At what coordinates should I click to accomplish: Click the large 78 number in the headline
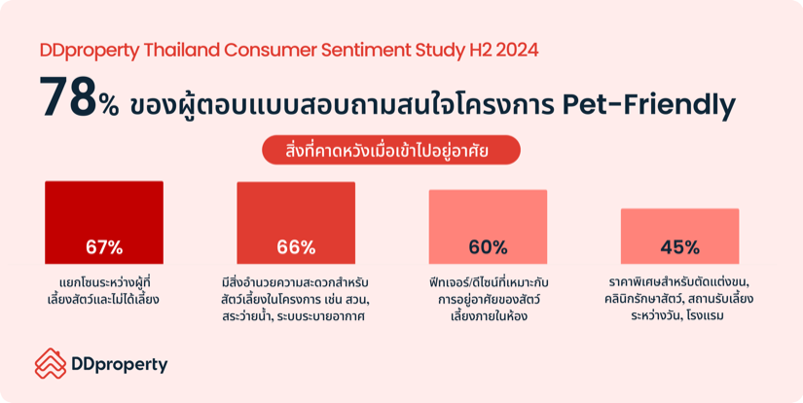tap(68, 97)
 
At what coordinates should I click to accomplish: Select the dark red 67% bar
tap(104, 222)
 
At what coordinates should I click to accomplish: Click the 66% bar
tap(296, 223)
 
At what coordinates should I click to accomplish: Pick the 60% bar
tap(488, 227)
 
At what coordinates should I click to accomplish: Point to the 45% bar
tap(680, 237)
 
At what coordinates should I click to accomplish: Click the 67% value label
tap(104, 247)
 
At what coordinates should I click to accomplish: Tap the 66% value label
tap(296, 247)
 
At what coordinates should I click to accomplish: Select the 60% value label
tap(488, 247)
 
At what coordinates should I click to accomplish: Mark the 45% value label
tap(680, 247)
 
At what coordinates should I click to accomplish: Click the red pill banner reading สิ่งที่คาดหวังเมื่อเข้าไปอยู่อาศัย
tap(391, 150)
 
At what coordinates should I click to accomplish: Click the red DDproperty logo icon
tap(51, 363)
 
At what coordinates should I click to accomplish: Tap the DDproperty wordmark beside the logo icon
tap(120, 365)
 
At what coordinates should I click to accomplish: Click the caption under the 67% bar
tap(104, 291)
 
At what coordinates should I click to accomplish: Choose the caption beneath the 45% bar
tap(680, 299)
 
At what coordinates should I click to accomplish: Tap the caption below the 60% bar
tap(489, 300)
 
